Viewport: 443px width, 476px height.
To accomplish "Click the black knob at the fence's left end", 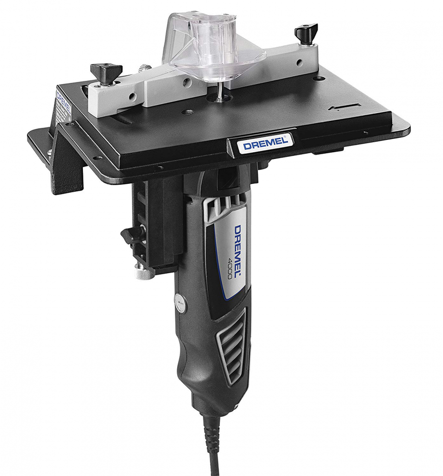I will tap(106, 72).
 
